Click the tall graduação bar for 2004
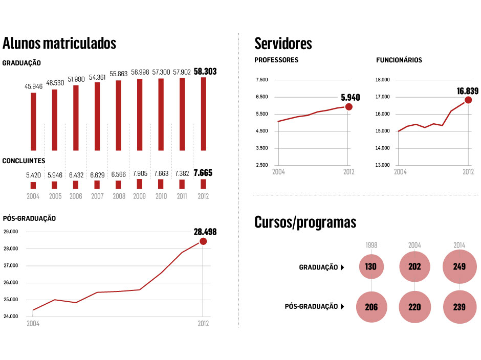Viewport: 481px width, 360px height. click(33, 122)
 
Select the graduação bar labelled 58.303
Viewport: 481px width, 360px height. click(203, 114)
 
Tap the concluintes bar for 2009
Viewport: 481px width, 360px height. click(140, 184)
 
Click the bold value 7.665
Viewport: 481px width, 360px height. click(203, 173)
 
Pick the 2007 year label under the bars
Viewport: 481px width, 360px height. click(97, 196)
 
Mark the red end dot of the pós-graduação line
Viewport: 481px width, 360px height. click(203, 241)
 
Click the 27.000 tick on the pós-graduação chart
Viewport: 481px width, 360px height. click(11, 266)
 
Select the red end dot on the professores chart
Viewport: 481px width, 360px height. click(349, 107)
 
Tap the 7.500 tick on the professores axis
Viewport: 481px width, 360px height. click(261, 80)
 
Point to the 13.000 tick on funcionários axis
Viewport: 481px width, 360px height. click(383, 165)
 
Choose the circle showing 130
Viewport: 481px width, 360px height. click(371, 267)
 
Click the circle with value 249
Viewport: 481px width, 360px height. click(459, 267)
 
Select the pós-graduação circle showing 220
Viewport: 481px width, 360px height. click(414, 307)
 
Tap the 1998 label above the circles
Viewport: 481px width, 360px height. click(371, 245)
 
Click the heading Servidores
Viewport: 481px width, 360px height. click(283, 43)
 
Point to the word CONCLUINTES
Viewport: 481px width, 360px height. click(24, 161)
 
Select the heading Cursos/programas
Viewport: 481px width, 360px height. click(305, 222)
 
